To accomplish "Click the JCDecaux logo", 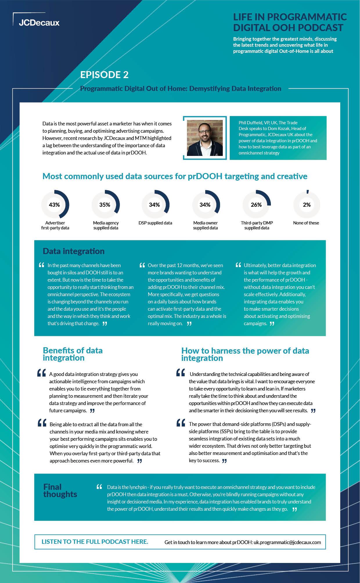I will (39, 23).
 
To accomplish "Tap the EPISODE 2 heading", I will (104, 75).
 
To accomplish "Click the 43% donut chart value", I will (54, 205).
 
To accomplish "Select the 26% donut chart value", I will (256, 205).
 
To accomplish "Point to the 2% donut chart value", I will (307, 205).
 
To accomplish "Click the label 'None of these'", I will (306, 223).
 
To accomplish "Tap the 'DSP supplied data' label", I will (155, 223).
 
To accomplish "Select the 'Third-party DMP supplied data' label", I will (257, 225).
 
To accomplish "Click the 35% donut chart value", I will (105, 205).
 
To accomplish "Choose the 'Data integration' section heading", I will (73, 251).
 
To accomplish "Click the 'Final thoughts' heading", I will (60, 491).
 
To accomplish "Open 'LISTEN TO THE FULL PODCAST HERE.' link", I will (95, 542).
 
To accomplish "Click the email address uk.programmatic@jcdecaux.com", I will (287, 542).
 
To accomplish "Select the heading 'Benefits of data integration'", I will (73, 354).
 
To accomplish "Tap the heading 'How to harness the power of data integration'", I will (245, 354).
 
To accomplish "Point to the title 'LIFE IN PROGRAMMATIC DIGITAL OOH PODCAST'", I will (290, 22).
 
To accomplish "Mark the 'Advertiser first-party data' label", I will (55, 225).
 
